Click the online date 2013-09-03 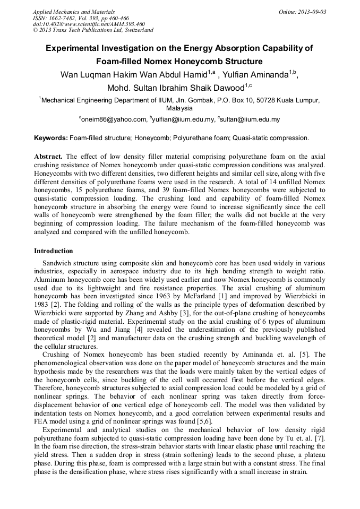312,11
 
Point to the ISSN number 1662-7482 64,18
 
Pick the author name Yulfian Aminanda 258,74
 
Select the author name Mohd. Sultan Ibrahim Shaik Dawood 175,87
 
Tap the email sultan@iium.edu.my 250,120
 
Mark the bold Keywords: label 51,138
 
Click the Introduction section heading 53,251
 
